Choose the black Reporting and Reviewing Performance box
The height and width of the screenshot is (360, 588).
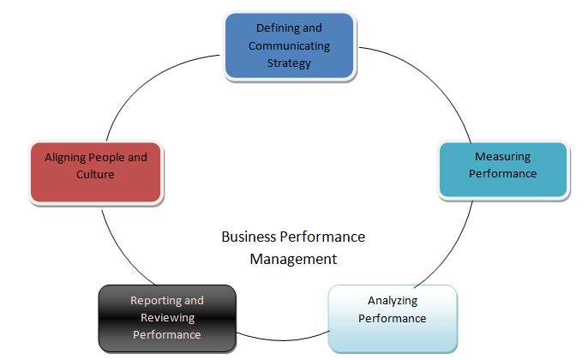(166, 318)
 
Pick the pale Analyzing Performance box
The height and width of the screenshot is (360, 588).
(393, 317)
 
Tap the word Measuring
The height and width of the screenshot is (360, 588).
(502, 157)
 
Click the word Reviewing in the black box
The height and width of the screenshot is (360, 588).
(167, 318)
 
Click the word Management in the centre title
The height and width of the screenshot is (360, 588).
(293, 257)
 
